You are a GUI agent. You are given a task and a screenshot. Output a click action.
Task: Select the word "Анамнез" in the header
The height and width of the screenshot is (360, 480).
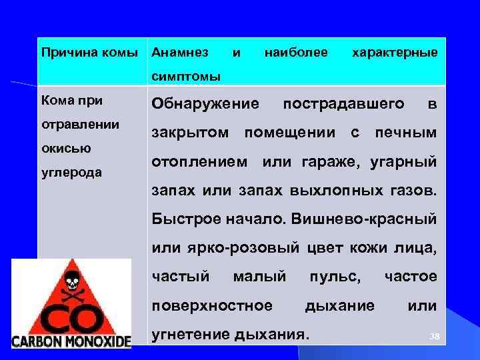coord(180,52)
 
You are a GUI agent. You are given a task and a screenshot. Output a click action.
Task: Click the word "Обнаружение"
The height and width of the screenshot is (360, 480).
coord(205,104)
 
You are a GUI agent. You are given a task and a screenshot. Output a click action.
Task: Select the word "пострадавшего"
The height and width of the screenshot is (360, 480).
coord(343,104)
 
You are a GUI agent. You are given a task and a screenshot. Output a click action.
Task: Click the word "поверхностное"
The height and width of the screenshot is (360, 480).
coord(212,305)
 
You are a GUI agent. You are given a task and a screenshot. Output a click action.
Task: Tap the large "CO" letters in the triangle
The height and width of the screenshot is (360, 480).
coord(71,313)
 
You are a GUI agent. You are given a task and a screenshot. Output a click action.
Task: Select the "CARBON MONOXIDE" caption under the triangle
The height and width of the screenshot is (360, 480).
coord(71,340)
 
